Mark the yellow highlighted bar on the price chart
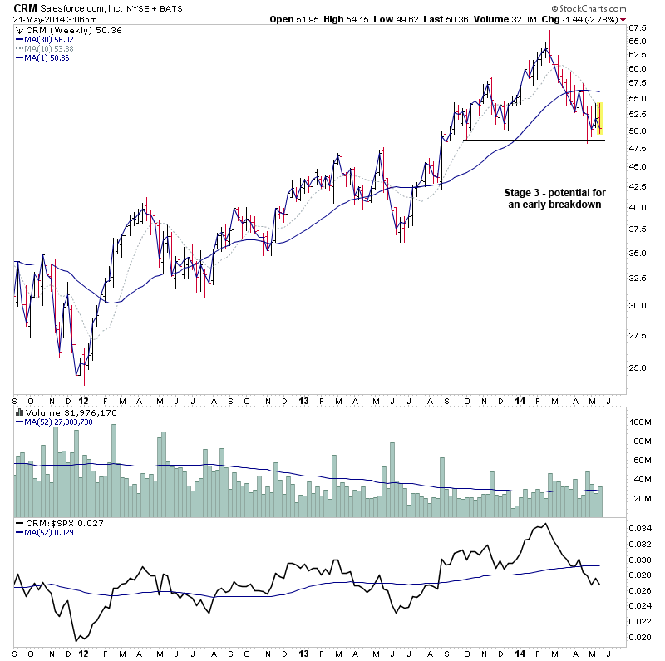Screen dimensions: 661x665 tap(599, 117)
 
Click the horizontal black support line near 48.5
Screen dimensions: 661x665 tap(532, 140)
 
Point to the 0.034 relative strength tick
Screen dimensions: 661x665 tap(640, 528)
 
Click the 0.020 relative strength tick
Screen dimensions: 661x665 tap(640, 639)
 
